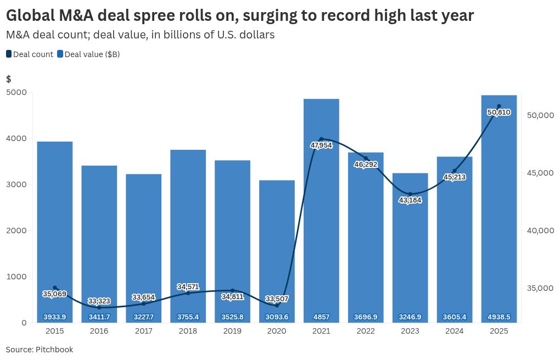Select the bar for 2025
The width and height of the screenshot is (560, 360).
click(x=499, y=209)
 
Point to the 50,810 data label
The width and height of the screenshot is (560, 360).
click(x=499, y=113)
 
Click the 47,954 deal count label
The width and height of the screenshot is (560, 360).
click(x=321, y=145)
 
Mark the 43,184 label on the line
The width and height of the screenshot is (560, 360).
click(x=410, y=200)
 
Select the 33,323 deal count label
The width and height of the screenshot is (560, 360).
click(x=99, y=301)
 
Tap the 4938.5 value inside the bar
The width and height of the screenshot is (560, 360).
click(x=499, y=317)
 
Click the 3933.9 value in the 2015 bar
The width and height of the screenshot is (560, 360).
click(x=55, y=317)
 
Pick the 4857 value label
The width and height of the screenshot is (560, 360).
click(x=321, y=317)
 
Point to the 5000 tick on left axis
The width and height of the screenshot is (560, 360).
click(x=16, y=92)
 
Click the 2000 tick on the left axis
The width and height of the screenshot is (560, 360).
click(x=16, y=230)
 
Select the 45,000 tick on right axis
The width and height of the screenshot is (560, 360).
click(x=540, y=173)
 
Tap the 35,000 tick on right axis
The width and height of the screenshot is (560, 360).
click(x=540, y=288)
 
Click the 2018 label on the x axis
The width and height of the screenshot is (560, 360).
click(x=188, y=331)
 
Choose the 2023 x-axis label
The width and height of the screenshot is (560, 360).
click(x=410, y=331)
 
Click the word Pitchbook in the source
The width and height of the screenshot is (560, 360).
click(x=54, y=350)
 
